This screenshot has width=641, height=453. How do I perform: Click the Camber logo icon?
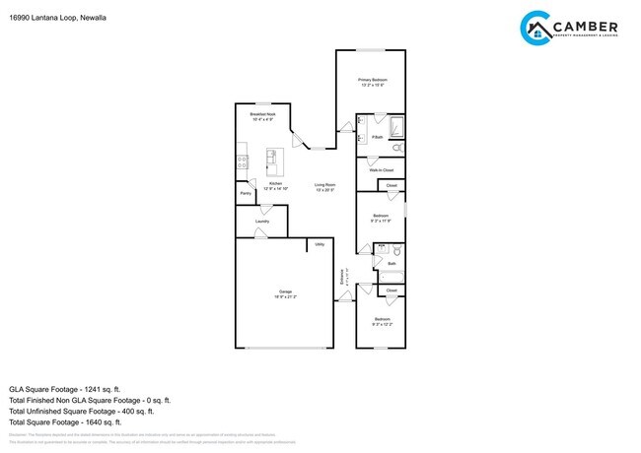click(x=535, y=29)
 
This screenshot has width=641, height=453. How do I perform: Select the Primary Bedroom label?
click(x=372, y=81)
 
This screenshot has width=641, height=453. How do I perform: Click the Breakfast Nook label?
click(x=262, y=117)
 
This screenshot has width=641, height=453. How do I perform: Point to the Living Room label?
click(x=325, y=187)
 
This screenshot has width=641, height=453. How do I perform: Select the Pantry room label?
click(x=246, y=193)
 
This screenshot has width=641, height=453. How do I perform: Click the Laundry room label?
click(x=262, y=222)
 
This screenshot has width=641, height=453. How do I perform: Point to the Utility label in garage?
click(x=320, y=244)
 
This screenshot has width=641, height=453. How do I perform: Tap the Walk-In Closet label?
click(x=381, y=170)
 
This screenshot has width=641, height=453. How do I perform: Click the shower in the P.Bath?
click(x=394, y=127)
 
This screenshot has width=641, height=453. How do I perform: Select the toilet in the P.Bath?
click(x=395, y=148)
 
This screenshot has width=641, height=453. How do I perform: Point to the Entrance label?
click(x=343, y=280)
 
